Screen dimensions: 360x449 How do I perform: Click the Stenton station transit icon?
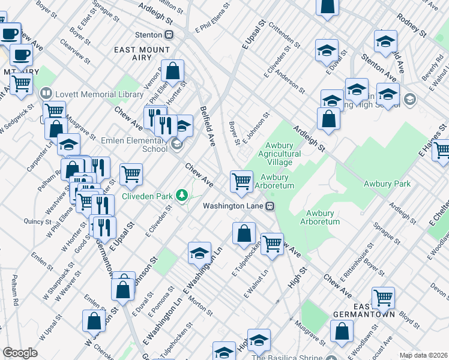pos(169,35)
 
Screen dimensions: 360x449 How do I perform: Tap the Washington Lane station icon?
pos(271,206)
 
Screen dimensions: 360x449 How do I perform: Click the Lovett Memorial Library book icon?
pos(46,94)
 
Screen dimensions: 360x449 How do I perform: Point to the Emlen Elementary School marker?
pos(176,145)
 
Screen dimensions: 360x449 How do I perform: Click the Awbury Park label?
pos(387,184)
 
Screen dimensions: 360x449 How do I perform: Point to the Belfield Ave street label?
pos(208,127)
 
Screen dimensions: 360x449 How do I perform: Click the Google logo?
pos(20,353)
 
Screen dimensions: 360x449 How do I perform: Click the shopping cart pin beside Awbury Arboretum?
pos(241,180)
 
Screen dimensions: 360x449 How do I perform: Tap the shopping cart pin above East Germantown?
pos(382,296)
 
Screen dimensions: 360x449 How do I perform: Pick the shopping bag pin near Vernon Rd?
pos(172,71)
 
